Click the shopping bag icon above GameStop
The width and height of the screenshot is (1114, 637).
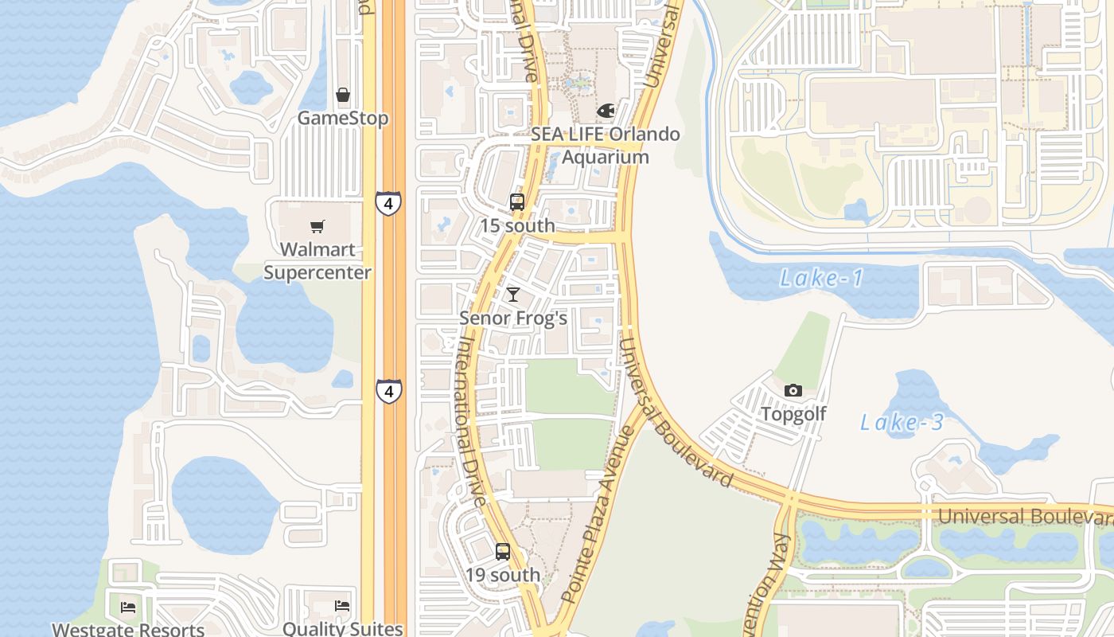tap(343, 96)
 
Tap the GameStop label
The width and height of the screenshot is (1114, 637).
tap(343, 119)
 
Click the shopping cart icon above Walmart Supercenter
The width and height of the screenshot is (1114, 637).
tap(317, 226)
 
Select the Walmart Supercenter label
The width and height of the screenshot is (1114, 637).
tap(317, 261)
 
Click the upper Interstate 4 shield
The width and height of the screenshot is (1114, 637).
tap(388, 203)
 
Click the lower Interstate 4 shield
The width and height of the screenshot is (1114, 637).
tap(388, 391)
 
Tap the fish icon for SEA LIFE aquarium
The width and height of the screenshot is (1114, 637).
tap(606, 111)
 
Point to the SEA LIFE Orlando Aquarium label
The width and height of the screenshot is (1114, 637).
tap(606, 145)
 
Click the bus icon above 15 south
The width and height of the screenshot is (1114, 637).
tap(517, 202)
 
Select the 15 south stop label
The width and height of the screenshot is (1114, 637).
tap(517, 225)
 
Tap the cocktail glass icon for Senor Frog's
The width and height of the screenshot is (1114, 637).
tap(513, 295)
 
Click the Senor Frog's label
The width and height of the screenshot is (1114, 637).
tap(513, 318)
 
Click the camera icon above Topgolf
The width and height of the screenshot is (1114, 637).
tap(793, 390)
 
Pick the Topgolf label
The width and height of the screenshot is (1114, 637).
tap(793, 414)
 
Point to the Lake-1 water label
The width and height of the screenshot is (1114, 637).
tap(821, 278)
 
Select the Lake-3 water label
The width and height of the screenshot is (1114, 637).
tap(902, 422)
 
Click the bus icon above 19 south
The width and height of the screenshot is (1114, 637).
tap(503, 551)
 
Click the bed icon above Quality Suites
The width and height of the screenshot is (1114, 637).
tap(343, 605)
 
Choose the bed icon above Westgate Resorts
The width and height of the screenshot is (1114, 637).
tap(128, 607)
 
